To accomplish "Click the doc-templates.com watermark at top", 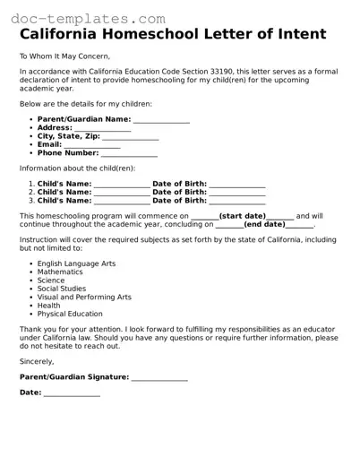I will [83, 17].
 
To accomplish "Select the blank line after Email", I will [91, 144].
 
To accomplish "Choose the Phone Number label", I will [68, 153].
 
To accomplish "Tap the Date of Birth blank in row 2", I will [236, 192].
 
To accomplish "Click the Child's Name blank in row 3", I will [122, 200].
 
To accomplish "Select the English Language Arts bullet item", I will [76, 263].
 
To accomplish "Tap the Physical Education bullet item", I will [70, 315].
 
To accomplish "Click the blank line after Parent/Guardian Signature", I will [159, 377].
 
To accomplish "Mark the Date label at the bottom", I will [30, 393].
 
